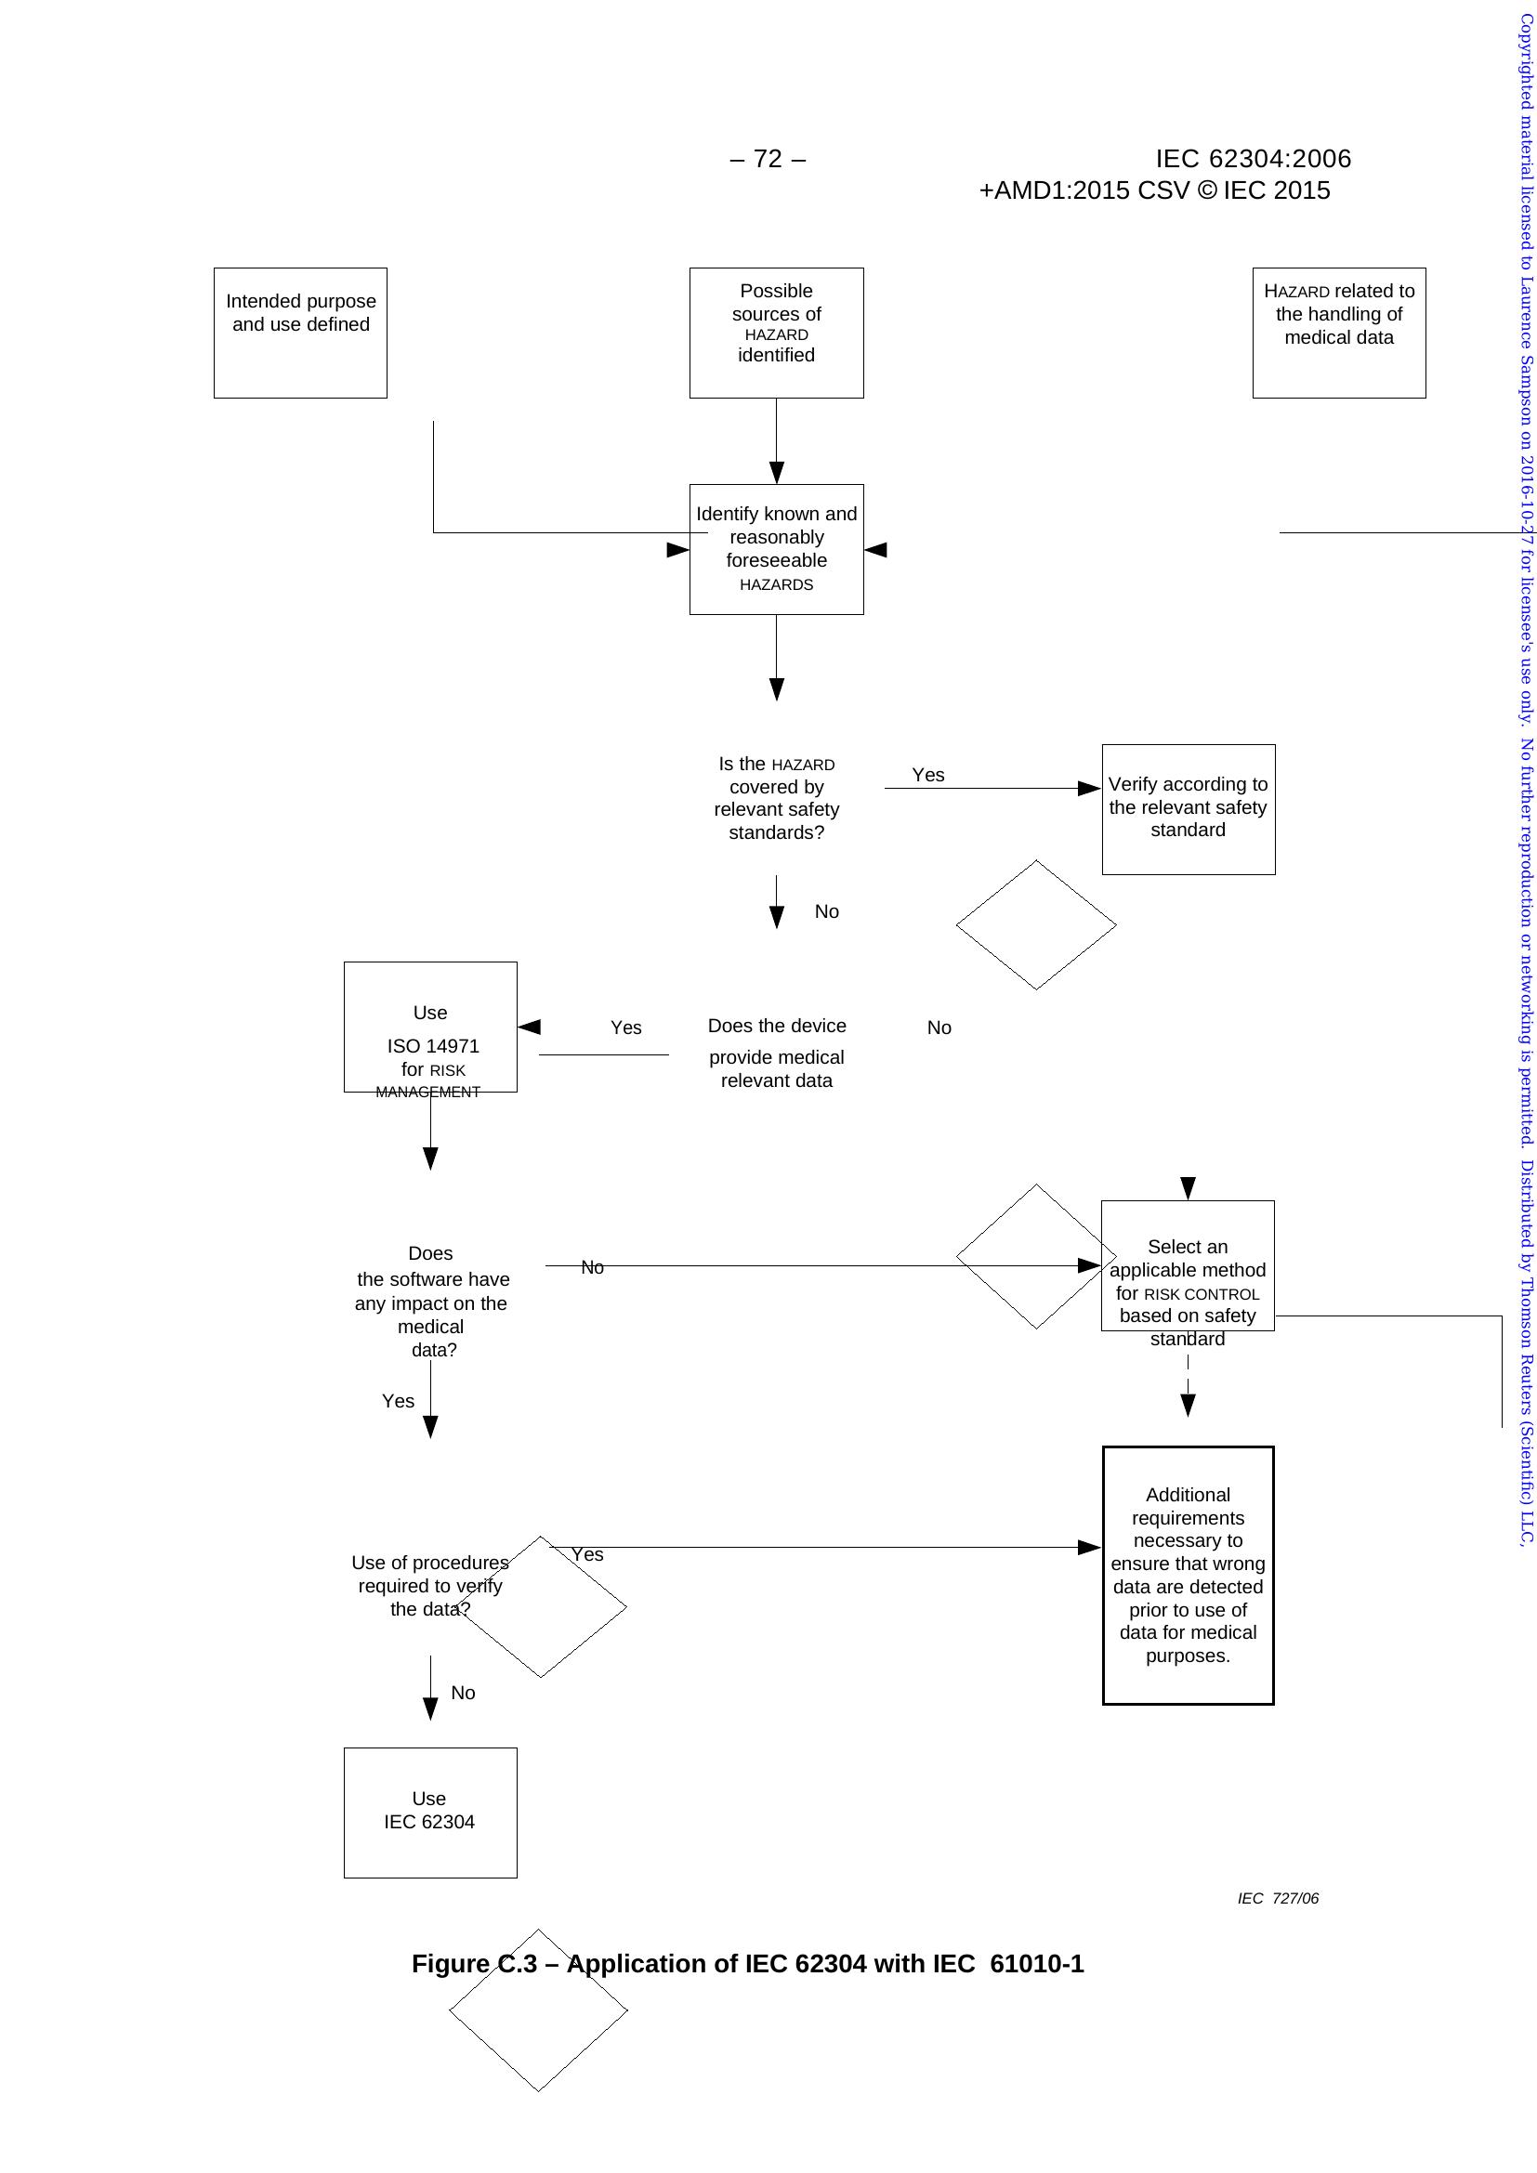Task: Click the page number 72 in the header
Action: click(768, 159)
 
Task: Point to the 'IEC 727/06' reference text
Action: click(1278, 1899)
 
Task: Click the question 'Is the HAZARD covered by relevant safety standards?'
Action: click(776, 798)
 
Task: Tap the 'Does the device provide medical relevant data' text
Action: click(777, 1053)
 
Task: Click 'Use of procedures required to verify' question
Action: click(429, 1585)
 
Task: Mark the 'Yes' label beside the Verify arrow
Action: click(928, 775)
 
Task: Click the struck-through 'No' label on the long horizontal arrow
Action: click(593, 1267)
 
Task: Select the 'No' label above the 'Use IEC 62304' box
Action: click(463, 1694)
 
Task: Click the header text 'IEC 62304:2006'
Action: click(1253, 159)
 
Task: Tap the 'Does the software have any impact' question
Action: click(431, 1302)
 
